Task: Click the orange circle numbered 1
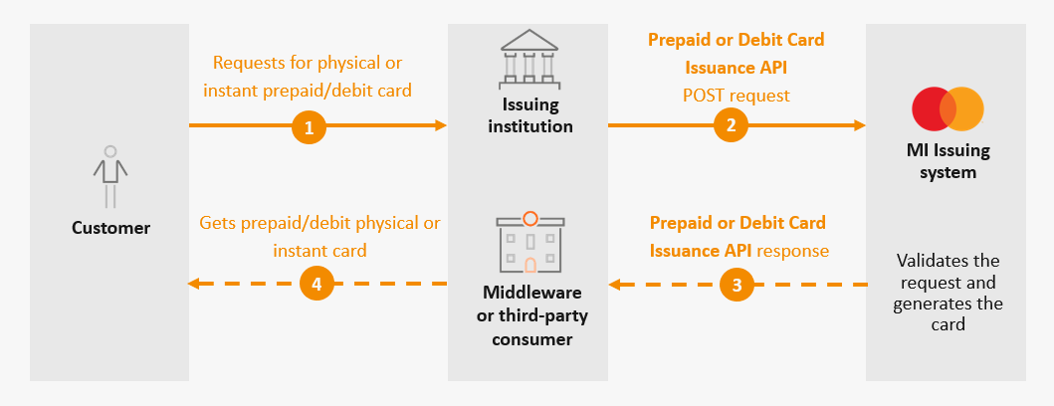(x=310, y=126)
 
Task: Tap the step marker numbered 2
(x=732, y=126)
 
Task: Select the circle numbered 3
(x=737, y=285)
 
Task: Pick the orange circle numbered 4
(x=316, y=285)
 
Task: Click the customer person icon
(x=110, y=175)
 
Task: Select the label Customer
(x=110, y=228)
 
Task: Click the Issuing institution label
(x=528, y=115)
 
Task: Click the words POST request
(x=737, y=96)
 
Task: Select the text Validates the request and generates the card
(x=948, y=293)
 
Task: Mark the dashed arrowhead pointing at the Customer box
(x=195, y=285)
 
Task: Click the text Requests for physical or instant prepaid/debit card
(x=308, y=77)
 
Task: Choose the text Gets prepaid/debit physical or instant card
(x=319, y=237)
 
